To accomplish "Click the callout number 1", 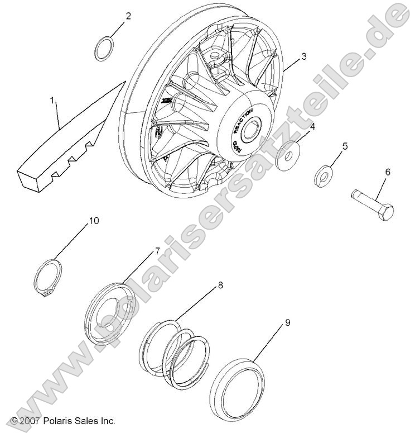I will [52, 101].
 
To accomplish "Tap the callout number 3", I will [303, 56].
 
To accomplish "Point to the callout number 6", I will [387, 173].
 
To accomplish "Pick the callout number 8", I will [220, 285].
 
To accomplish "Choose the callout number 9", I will [288, 322].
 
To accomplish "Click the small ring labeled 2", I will [104, 49].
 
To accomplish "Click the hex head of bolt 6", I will [387, 212].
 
